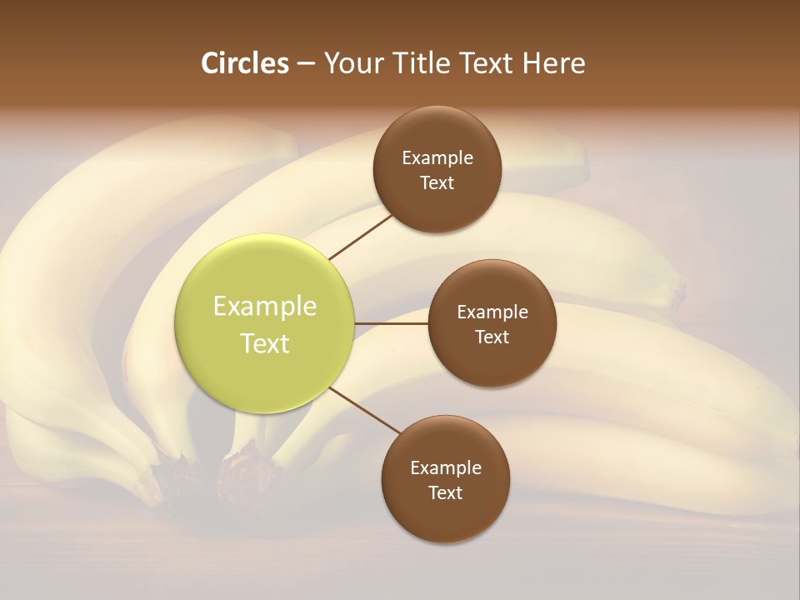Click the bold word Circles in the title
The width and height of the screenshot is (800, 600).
244,63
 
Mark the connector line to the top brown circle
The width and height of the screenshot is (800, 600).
362,236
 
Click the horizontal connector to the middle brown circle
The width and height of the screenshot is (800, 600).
391,323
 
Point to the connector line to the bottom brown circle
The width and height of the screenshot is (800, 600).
363,411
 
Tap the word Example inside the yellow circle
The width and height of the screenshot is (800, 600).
265,307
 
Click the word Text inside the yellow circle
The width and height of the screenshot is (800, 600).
265,343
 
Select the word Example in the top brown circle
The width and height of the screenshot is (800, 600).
437,157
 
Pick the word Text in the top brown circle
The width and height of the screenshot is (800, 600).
437,182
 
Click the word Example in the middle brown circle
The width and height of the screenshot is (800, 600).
492,312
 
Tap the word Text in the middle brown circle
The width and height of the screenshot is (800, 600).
492,337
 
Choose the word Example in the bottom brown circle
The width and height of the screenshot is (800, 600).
446,467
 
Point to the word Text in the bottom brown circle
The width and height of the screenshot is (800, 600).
446,492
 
